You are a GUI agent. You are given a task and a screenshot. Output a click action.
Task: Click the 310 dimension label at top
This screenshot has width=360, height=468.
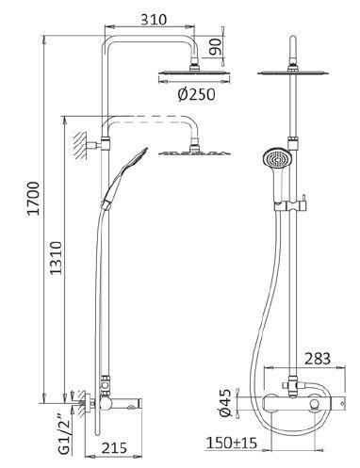coord(154,20)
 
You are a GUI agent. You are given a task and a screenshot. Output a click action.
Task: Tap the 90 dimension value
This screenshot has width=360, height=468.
coord(216,47)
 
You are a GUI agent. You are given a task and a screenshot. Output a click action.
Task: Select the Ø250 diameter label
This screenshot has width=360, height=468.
coord(197,94)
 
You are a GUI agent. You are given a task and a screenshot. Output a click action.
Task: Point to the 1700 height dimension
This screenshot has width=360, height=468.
coord(34,198)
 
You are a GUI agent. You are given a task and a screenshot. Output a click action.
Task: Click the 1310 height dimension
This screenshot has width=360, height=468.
coord(57,258)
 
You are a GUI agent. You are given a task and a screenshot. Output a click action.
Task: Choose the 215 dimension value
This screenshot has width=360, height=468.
coord(114,447)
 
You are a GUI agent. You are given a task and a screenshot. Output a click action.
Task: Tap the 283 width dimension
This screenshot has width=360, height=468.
coord(318,359)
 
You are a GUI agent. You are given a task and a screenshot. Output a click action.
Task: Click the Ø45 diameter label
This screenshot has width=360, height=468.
coord(225,403)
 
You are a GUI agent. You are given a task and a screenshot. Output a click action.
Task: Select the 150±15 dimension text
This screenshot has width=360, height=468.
coord(232,443)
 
